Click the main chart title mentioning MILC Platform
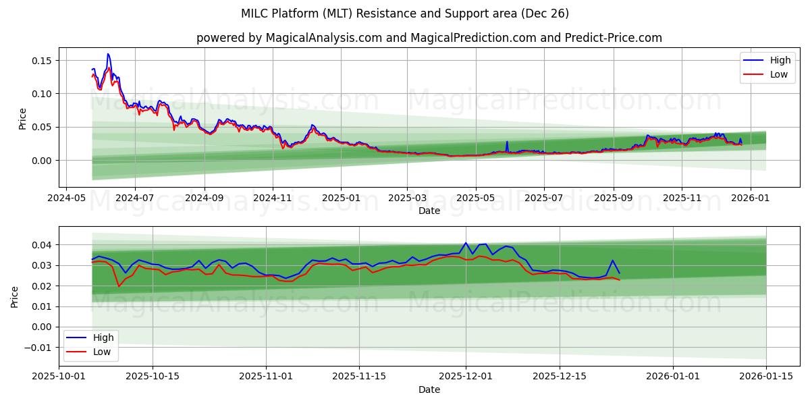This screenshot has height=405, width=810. tap(405, 13)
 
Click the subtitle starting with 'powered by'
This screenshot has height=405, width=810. tap(429, 38)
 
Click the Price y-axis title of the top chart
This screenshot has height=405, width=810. tap(22, 119)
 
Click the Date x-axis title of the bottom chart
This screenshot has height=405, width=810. tap(429, 389)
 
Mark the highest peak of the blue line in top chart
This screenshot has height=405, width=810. tap(108, 54)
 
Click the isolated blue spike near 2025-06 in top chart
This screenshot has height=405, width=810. tap(507, 142)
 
